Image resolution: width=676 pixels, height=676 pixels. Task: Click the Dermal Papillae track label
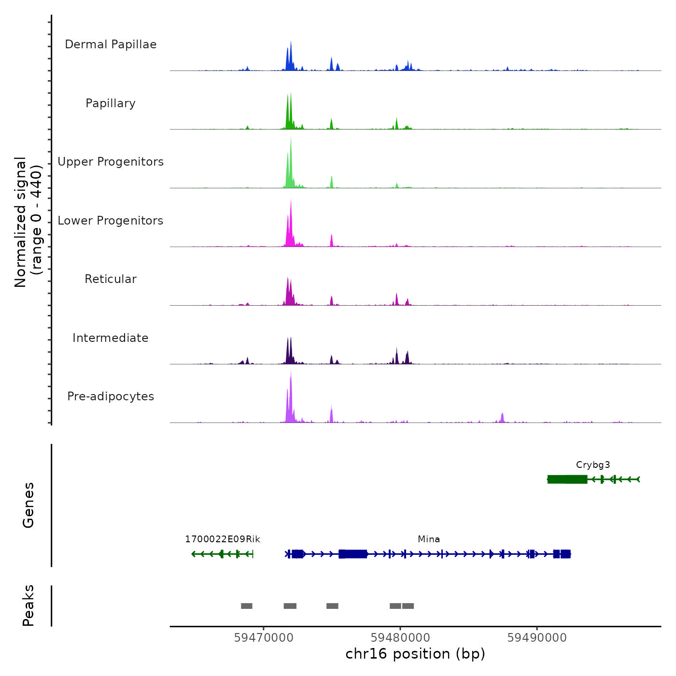tap(111, 44)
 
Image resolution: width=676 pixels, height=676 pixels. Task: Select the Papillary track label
tap(111, 103)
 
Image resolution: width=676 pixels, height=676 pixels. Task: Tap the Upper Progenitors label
tap(111, 162)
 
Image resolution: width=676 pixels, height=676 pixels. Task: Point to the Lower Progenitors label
tap(111, 221)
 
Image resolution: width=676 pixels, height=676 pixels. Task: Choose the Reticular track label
tap(111, 279)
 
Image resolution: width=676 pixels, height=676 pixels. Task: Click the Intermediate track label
tap(111, 338)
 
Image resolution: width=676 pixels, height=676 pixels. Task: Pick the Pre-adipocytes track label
tap(111, 396)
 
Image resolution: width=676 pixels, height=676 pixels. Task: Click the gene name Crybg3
tap(593, 465)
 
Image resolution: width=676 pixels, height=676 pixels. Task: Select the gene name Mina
tap(429, 539)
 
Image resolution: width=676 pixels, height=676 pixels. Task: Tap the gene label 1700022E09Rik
tap(223, 539)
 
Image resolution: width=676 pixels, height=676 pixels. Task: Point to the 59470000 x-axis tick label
tap(264, 638)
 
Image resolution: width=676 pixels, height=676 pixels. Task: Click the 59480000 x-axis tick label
tap(400, 638)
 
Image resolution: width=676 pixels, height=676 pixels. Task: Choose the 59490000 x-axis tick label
tap(537, 638)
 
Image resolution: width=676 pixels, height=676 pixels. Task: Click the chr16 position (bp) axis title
tap(415, 654)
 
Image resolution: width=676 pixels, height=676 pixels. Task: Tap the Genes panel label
tap(28, 505)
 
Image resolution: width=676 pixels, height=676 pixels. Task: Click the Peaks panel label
tap(28, 606)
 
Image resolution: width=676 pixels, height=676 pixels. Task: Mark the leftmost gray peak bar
tap(247, 606)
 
